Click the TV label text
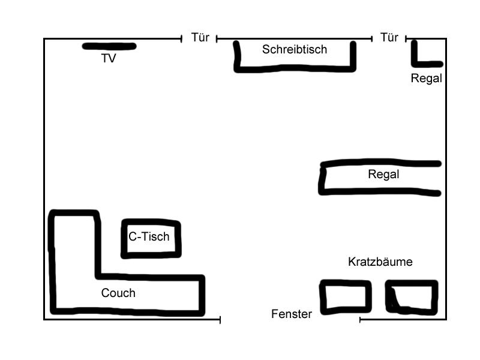109,58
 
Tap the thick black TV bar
109,46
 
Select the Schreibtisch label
295,49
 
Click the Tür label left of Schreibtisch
200,38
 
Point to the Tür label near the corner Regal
389,38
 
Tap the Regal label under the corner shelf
426,78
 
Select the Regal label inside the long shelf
383,175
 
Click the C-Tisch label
149,236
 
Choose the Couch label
118,293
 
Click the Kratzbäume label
380,262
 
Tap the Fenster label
292,314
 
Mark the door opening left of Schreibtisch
199,39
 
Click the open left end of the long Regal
323,178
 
